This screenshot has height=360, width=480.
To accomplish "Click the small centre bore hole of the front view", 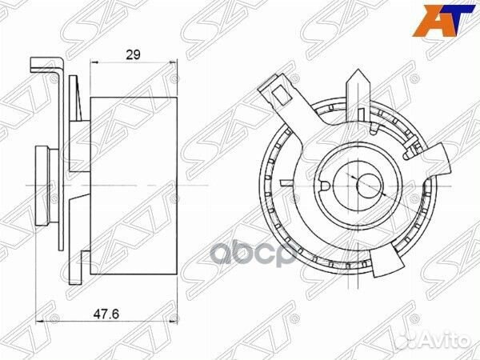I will point(365,182).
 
